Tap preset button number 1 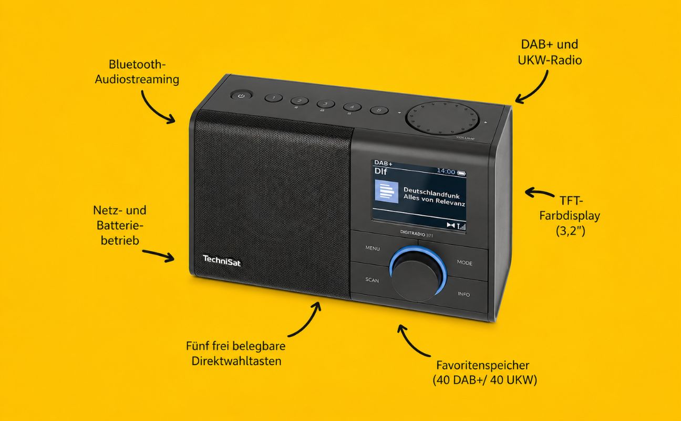(x=274, y=98)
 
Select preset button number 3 (x=326, y=104)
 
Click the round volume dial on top (x=442, y=118)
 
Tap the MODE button (x=465, y=263)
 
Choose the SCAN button (x=372, y=280)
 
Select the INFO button (x=464, y=294)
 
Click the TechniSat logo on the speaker (x=222, y=261)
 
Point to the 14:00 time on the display (x=446, y=171)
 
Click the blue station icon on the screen (x=386, y=192)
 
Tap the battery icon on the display (x=461, y=173)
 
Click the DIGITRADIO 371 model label (x=417, y=234)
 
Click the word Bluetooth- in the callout (x=137, y=64)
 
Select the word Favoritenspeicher (x=483, y=365)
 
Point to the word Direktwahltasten (x=236, y=361)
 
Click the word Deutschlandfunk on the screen (x=431, y=193)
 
